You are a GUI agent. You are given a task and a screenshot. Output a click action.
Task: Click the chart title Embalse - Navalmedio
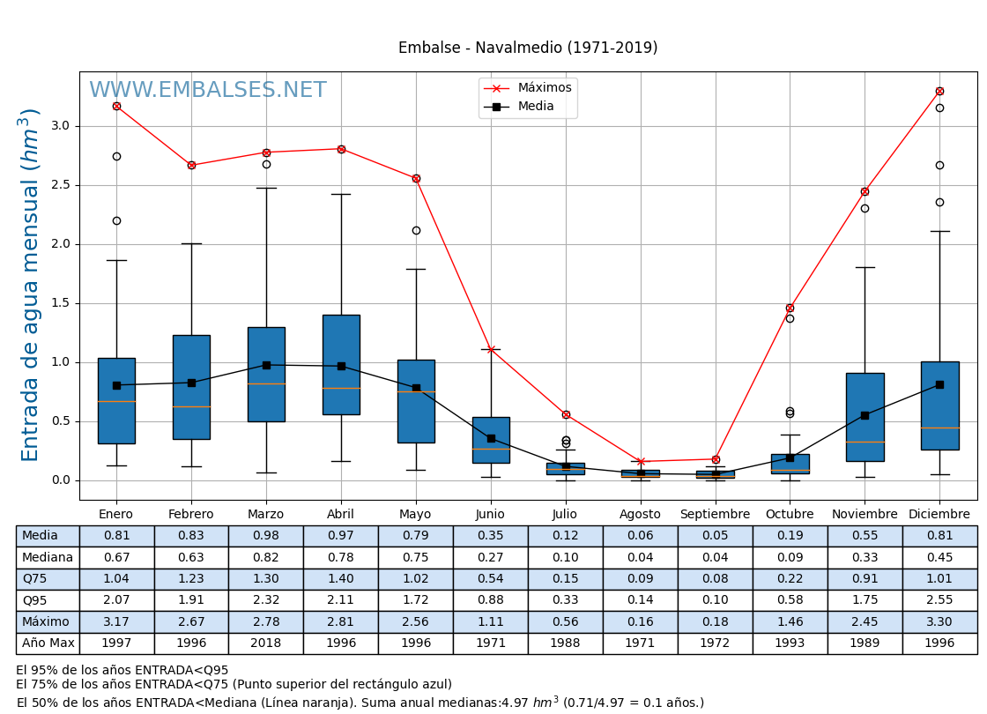[x=527, y=48]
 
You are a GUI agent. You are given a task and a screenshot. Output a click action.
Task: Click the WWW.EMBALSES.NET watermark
[x=207, y=91]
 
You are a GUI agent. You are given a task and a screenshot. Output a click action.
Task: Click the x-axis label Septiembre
[x=715, y=514]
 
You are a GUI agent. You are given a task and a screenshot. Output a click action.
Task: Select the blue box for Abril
[x=341, y=364]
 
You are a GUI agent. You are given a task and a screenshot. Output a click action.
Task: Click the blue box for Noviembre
[x=865, y=417]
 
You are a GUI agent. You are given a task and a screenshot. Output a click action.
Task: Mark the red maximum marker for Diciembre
[x=939, y=91]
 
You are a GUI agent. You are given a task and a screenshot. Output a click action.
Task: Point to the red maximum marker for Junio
[x=491, y=349]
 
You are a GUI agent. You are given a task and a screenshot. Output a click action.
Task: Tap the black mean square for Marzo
[x=266, y=365]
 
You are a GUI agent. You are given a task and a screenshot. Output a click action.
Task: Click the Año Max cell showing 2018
[x=265, y=643]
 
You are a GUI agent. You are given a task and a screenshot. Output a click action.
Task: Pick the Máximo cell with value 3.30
[x=939, y=621]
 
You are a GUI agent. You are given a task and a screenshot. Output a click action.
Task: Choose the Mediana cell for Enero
[x=116, y=557]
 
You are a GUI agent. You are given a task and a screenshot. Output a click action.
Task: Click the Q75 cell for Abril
[x=340, y=579]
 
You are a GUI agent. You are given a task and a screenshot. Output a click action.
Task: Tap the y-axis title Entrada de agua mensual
[x=31, y=285]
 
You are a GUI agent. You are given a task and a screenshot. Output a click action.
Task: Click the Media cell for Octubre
[x=790, y=536]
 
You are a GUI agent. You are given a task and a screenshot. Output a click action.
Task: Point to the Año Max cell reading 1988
[x=565, y=643]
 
